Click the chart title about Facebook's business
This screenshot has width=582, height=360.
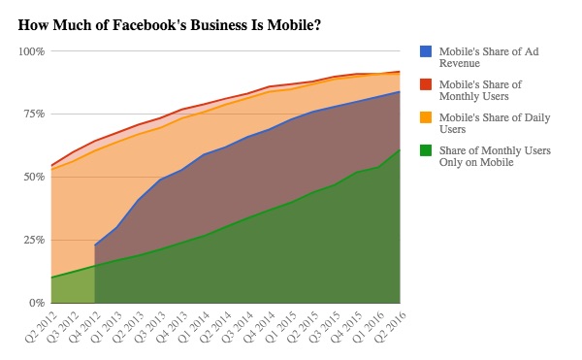click(170, 23)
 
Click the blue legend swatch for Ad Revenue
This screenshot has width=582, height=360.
click(426, 50)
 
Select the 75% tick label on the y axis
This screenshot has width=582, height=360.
click(33, 114)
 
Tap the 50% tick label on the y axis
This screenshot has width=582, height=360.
click(33, 177)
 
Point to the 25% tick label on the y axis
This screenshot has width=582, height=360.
click(33, 240)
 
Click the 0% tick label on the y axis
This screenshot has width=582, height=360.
click(36, 303)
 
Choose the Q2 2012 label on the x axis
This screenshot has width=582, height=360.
click(39, 326)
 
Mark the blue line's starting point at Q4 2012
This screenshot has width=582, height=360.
click(95, 245)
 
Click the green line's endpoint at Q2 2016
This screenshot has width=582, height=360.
click(400, 149)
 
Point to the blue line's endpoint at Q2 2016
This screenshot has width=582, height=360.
click(400, 92)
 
